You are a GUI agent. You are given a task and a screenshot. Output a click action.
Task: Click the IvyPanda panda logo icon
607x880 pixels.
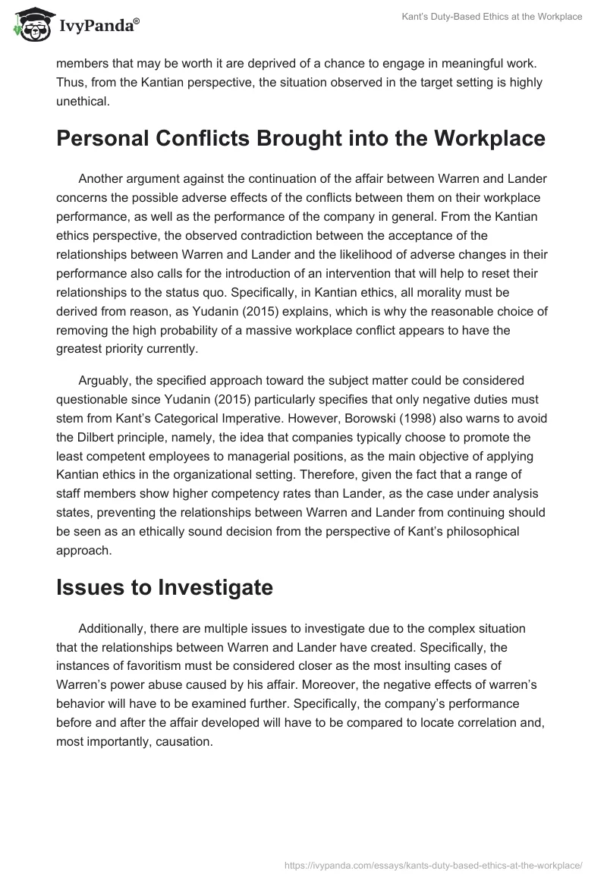coord(30,25)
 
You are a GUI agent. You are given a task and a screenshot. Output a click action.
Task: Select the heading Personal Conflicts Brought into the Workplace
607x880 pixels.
coord(300,139)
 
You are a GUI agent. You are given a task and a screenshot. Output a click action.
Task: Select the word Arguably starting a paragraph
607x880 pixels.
coord(104,380)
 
